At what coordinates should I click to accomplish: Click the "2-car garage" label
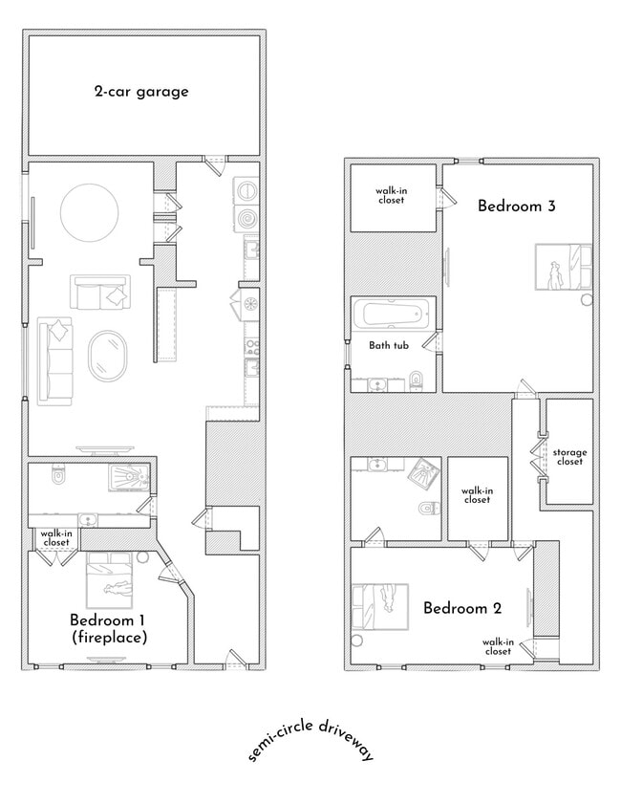point(140,92)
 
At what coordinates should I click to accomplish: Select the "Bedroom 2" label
point(461,608)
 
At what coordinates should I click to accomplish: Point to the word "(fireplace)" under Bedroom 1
point(108,637)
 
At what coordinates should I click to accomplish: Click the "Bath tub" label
point(390,345)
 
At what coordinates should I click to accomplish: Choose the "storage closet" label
point(569,457)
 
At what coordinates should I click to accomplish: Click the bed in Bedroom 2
point(380,606)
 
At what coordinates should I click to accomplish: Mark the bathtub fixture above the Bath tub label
point(393,314)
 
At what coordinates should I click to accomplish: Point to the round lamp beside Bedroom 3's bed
point(586,299)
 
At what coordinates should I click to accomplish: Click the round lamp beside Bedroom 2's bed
point(359,640)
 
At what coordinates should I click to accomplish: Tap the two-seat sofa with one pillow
point(99,292)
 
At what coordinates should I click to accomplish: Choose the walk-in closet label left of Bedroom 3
point(391,195)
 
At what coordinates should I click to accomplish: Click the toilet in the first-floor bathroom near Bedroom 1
point(57,474)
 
